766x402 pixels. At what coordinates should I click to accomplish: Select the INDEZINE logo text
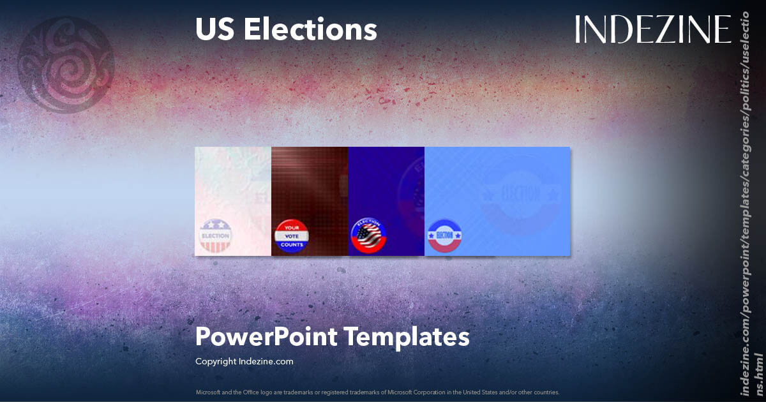652,30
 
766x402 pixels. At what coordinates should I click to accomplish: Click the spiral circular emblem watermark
66,64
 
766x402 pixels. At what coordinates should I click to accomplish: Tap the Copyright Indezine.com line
244,361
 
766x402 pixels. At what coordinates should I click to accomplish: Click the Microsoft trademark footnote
378,392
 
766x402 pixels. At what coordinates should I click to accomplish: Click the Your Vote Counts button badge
291,237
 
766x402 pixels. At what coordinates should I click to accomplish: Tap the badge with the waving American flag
368,237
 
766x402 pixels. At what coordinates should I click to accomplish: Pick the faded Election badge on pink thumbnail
215,235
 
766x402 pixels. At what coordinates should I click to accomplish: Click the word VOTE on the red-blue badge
291,236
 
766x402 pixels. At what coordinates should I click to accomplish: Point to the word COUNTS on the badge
291,244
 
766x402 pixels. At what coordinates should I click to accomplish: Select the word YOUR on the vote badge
291,228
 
